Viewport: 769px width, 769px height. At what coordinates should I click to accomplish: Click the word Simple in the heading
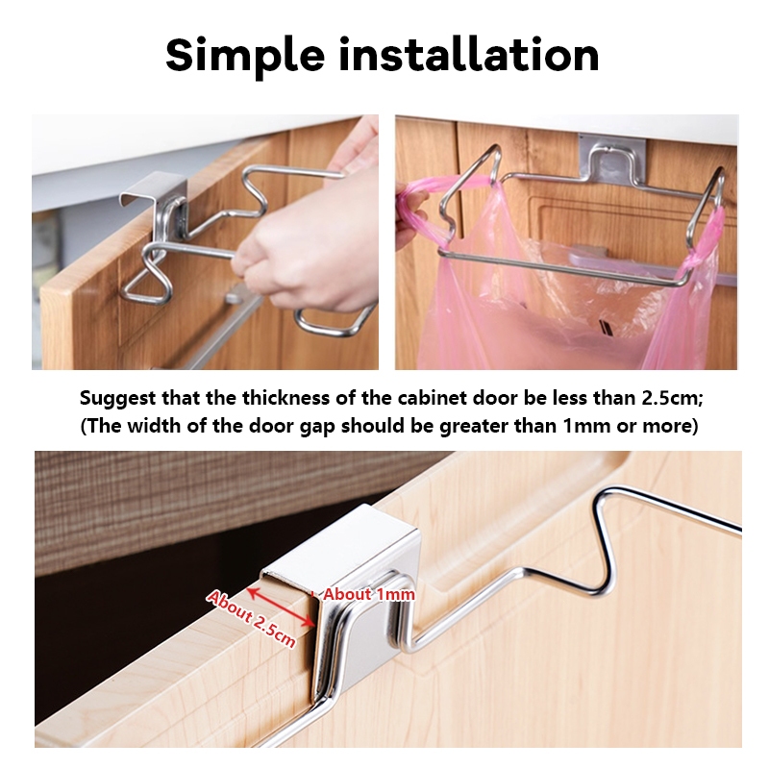245,56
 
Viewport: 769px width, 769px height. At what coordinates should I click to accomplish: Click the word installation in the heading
469,54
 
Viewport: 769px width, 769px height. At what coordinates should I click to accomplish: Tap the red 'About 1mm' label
369,594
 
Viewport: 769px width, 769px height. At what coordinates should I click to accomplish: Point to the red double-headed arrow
281,607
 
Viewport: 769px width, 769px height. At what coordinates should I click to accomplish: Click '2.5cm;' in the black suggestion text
672,398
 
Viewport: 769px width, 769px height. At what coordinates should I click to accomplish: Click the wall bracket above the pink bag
612,158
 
